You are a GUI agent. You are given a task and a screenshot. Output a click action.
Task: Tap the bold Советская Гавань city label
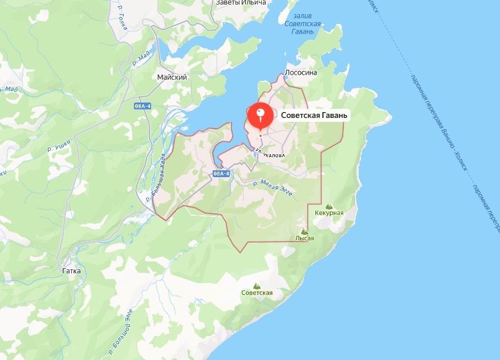[x=314, y=115]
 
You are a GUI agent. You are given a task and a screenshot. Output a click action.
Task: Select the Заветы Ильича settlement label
[x=241, y=3]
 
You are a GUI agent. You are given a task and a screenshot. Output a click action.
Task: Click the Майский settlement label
[x=172, y=77]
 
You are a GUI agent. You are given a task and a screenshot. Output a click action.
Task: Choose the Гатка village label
[x=71, y=271]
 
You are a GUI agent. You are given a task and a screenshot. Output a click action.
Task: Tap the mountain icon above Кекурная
[x=328, y=206]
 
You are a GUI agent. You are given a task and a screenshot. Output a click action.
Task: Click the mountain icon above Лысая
[x=304, y=232]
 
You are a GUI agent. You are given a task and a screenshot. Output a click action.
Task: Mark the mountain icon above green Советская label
[x=257, y=285]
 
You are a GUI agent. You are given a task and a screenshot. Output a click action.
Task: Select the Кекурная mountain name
[x=329, y=213]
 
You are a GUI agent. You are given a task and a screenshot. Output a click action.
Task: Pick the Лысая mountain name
[x=304, y=239]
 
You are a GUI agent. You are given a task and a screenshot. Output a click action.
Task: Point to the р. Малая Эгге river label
[x=273, y=187]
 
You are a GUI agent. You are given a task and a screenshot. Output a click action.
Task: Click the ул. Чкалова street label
[x=271, y=153]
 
